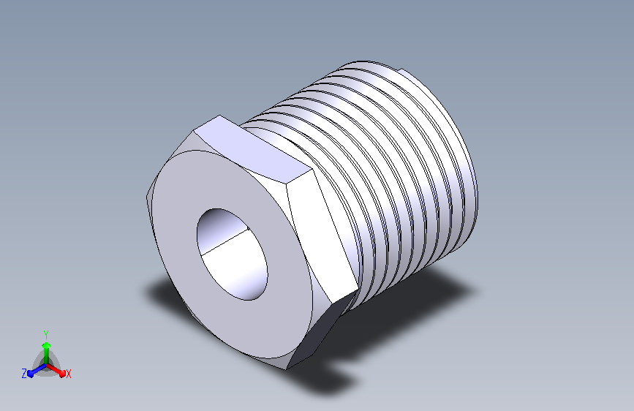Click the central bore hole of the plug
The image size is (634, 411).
click(232, 254)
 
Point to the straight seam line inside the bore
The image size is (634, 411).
click(224, 242)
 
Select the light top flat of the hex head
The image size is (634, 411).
click(254, 151)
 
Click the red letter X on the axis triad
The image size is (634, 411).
click(68, 374)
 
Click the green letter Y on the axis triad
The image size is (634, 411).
click(46, 334)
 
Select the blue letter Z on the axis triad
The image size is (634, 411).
click(24, 374)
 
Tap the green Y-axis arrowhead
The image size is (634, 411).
click(47, 345)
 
